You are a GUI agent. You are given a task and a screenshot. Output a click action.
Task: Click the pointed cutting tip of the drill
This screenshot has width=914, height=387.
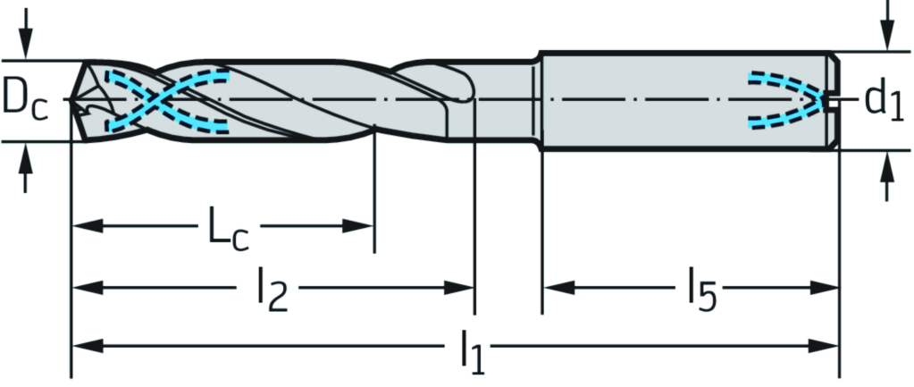click(x=73, y=99)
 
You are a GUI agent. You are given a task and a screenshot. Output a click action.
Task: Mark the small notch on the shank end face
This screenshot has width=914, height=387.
click(x=834, y=99)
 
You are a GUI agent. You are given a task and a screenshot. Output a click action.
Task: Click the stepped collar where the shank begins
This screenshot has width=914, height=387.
click(x=538, y=99)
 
